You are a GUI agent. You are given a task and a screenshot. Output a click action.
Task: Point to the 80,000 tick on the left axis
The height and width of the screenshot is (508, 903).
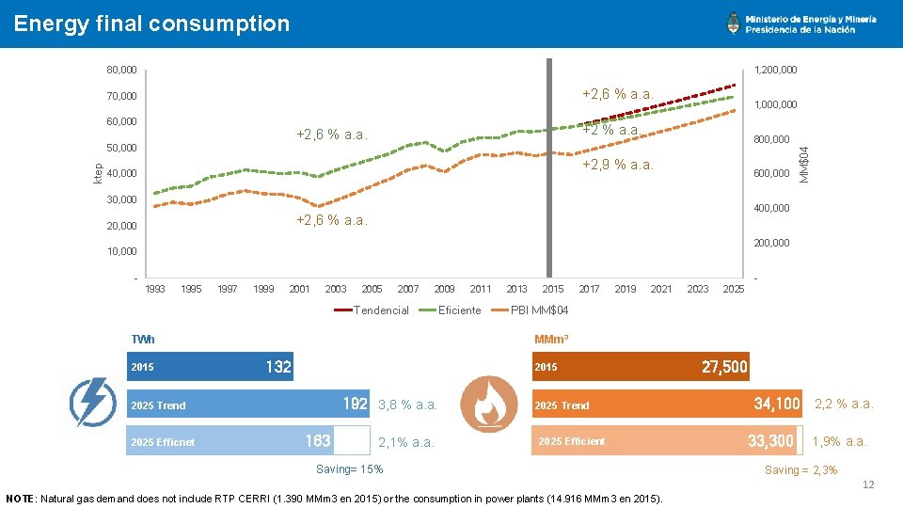click(121, 71)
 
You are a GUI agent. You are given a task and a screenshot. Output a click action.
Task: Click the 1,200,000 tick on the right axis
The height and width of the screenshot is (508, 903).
click(775, 71)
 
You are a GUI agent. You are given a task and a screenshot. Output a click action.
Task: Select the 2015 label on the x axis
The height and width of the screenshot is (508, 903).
click(553, 290)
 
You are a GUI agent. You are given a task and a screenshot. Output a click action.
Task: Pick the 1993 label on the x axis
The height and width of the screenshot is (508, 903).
click(155, 290)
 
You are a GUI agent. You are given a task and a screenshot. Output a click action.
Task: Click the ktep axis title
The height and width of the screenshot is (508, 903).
click(98, 171)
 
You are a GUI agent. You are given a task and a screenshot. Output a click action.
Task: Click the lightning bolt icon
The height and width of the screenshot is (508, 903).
click(93, 403)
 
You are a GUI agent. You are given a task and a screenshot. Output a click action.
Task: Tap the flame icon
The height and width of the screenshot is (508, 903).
click(487, 403)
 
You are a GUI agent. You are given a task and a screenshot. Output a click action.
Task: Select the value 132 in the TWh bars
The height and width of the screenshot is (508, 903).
click(278, 367)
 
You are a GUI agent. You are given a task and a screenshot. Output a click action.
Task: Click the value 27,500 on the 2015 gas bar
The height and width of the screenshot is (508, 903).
click(724, 367)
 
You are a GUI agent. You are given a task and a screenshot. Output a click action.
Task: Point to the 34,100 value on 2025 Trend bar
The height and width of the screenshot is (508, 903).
click(777, 405)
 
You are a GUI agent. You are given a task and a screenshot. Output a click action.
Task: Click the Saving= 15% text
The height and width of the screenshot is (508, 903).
click(348, 469)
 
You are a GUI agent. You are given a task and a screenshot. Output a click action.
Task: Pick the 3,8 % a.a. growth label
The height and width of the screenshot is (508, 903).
click(407, 405)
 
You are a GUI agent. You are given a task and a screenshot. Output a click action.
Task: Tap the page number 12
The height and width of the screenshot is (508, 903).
click(868, 484)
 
